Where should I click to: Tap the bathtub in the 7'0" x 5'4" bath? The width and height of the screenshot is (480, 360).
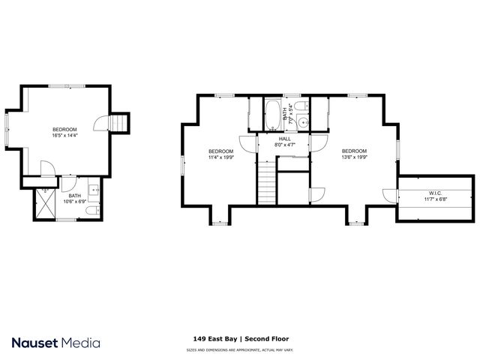click(x=270, y=115)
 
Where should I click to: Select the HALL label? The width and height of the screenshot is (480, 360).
click(x=285, y=139)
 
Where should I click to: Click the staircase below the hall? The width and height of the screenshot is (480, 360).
click(x=267, y=182)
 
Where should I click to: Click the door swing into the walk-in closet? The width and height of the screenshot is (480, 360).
click(x=389, y=195)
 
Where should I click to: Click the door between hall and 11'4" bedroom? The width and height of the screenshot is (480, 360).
click(x=247, y=142)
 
